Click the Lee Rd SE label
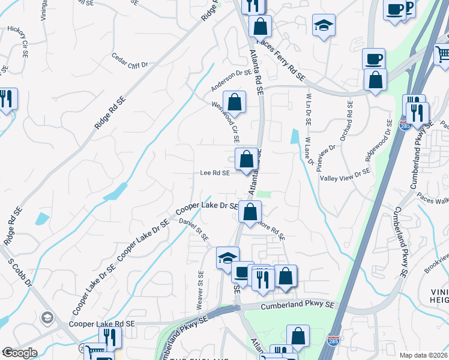215,173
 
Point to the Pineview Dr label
328,158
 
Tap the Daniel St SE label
193,229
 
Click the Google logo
19,353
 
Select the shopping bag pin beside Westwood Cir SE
235,102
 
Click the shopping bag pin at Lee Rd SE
246,160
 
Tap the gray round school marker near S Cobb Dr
46,317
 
